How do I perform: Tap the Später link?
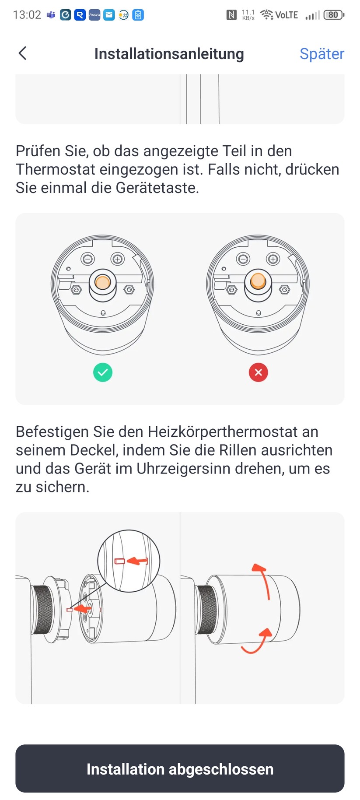(x=322, y=54)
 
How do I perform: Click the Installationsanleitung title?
(x=169, y=54)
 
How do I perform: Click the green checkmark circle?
(x=103, y=372)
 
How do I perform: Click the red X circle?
(x=258, y=372)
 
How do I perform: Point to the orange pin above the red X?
(x=258, y=281)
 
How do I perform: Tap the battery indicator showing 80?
(x=334, y=15)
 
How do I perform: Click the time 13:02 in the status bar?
(x=27, y=15)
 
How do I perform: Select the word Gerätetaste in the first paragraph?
(x=157, y=188)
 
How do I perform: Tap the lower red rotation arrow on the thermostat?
(x=257, y=641)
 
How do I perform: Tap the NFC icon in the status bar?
(x=231, y=15)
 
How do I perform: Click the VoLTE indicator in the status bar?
(x=287, y=15)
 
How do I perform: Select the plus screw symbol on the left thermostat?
(x=117, y=259)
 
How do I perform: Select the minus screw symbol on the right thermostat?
(x=243, y=259)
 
